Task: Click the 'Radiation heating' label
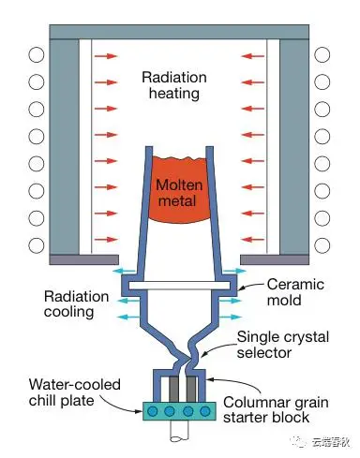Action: coord(174,85)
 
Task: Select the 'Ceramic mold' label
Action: coord(295,292)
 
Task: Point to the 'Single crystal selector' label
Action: coord(282,345)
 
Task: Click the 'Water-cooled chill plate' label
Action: coord(75,392)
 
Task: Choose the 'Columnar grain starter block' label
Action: coord(276,409)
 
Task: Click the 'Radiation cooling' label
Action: coord(76,303)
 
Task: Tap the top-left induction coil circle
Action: coord(37,55)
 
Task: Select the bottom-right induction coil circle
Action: coord(322,245)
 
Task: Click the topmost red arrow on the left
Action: coord(106,56)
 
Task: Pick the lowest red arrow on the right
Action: coord(253,240)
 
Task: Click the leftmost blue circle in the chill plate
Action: coord(153,411)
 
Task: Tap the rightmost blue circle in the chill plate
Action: coord(205,411)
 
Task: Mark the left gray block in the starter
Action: coord(174,389)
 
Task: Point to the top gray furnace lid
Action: coord(179,32)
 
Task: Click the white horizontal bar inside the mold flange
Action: coord(179,286)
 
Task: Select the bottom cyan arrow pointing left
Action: coord(128,317)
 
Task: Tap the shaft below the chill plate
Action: coord(179,431)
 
